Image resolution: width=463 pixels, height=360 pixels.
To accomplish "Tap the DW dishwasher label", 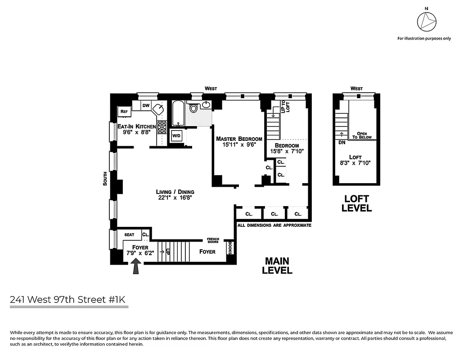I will click(146, 105).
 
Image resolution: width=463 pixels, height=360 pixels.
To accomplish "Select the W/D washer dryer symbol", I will click(176, 135).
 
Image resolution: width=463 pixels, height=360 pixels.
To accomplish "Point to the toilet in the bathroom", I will click(194, 108).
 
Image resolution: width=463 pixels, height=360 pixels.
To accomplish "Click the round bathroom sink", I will click(206, 105).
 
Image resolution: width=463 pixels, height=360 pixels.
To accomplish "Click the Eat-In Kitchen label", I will click(137, 127).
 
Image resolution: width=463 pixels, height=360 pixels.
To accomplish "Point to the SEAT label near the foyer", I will click(129, 235).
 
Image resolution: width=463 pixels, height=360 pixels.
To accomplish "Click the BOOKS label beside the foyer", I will click(230, 247).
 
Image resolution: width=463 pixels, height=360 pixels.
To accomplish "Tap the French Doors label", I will click(213, 241).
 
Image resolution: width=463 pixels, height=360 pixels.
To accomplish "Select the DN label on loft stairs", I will click(342, 143).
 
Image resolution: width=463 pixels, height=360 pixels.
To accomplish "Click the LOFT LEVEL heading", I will click(356, 203).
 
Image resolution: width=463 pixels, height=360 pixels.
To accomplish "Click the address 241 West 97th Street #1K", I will click(69, 299).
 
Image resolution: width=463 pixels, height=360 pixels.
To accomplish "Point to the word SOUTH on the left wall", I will click(105, 179).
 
